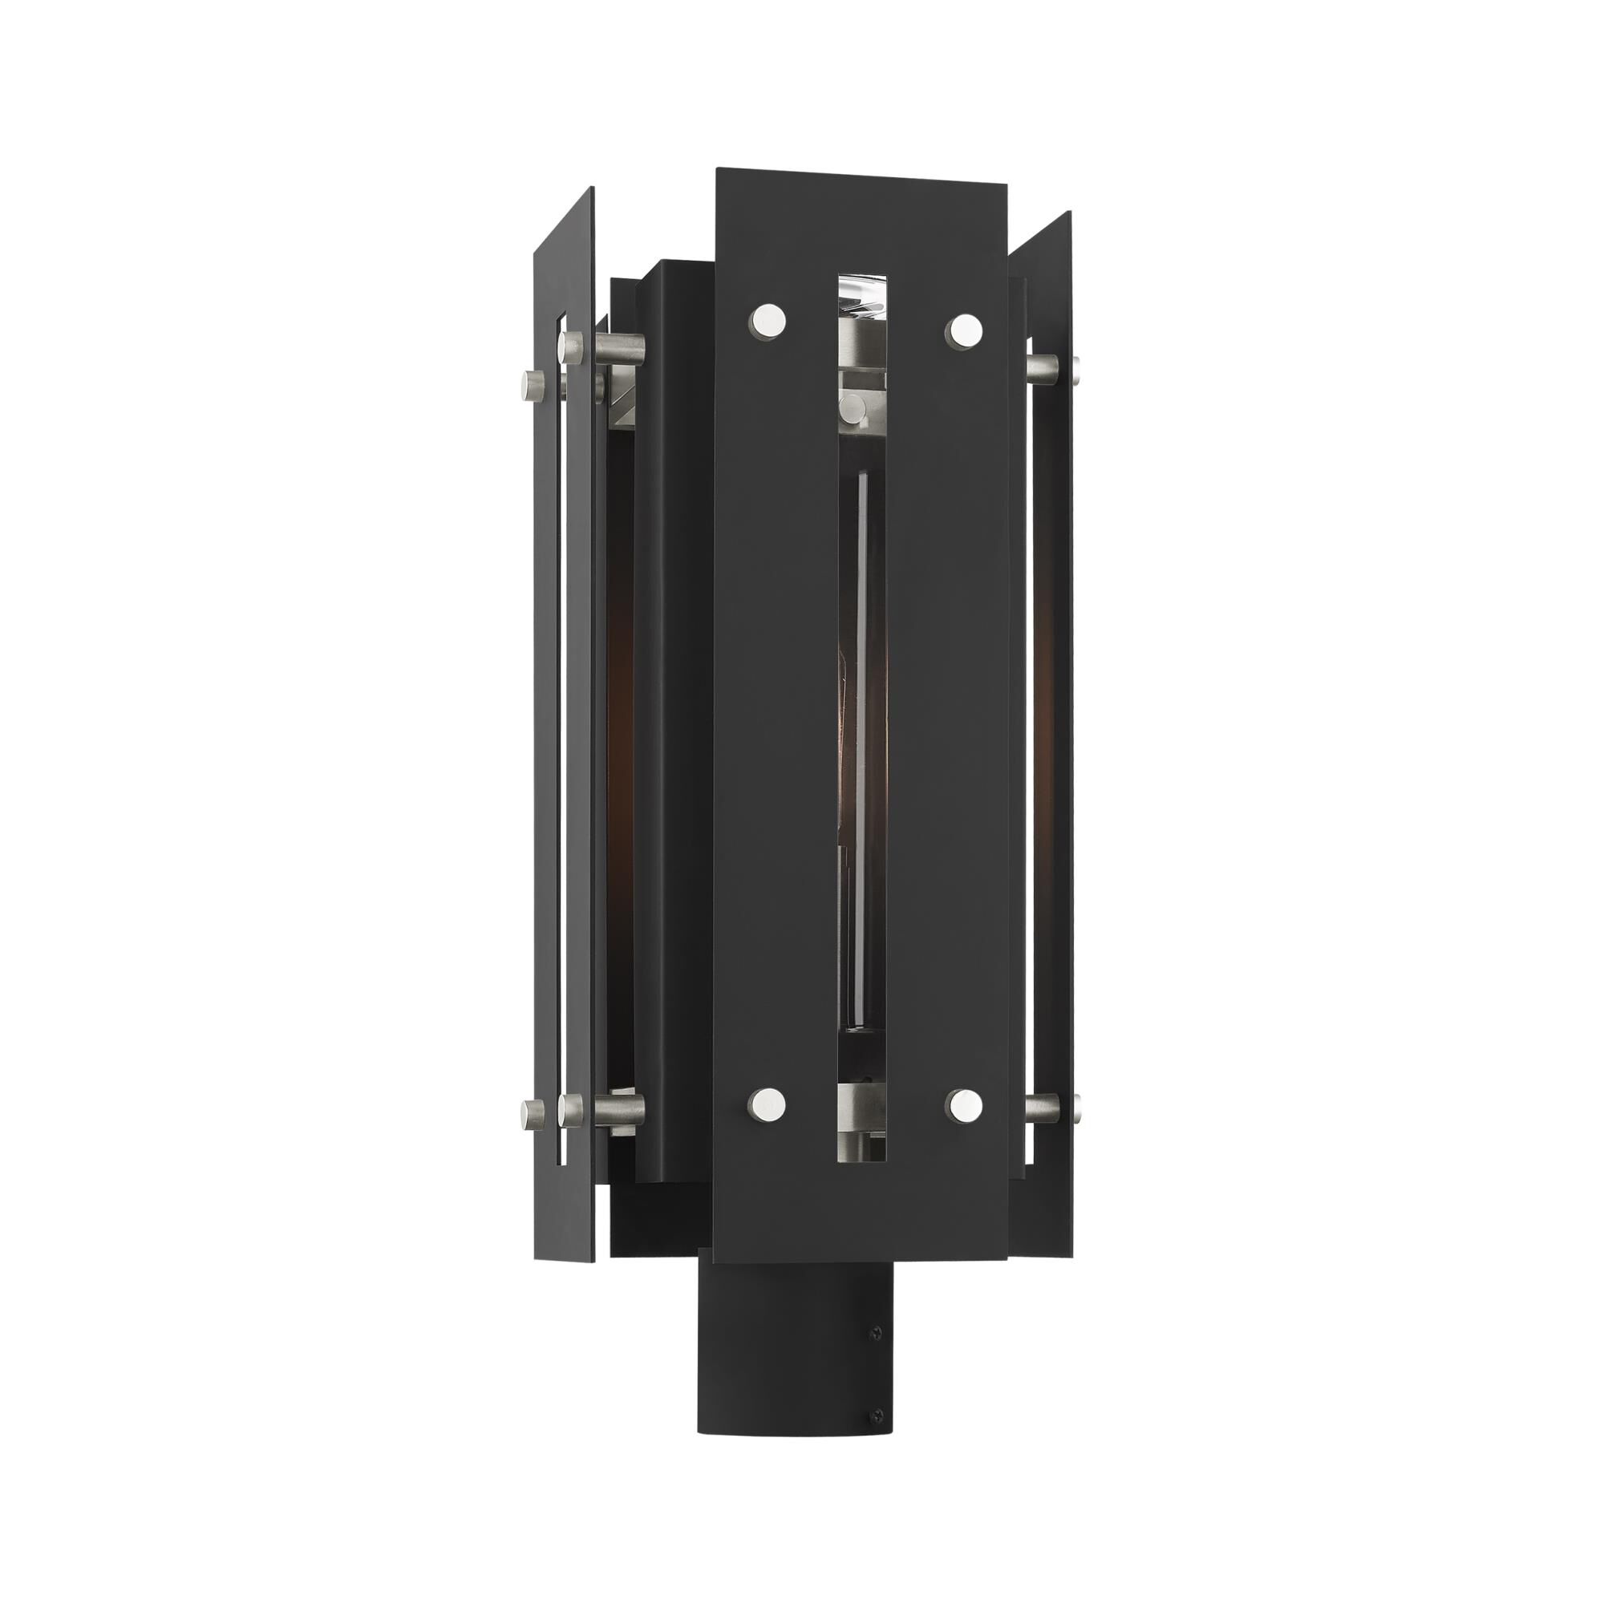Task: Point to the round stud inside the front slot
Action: click(x=850, y=407)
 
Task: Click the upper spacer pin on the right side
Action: click(x=1052, y=365)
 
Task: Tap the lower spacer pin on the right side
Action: click(x=1052, y=1107)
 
